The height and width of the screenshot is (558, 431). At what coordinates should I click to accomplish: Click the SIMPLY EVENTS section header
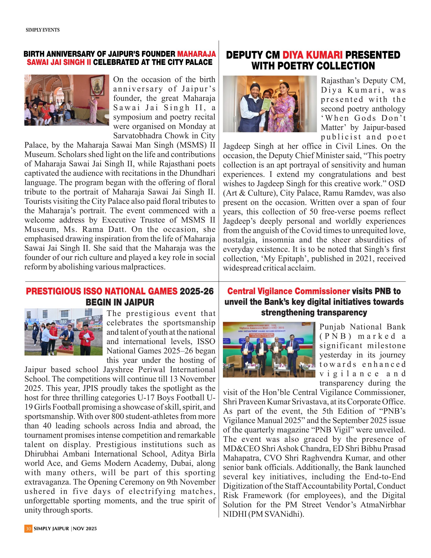tap(43, 30)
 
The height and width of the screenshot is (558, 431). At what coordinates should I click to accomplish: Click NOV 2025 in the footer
tap(85, 528)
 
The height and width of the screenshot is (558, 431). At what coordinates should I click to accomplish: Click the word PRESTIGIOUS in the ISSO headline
tap(53, 291)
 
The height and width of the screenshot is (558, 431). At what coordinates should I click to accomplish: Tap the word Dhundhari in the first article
tap(197, 173)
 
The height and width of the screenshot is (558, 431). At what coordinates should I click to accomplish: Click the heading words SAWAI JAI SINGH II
tap(59, 62)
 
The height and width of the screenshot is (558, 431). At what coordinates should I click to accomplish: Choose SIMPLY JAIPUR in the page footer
tap(51, 528)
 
